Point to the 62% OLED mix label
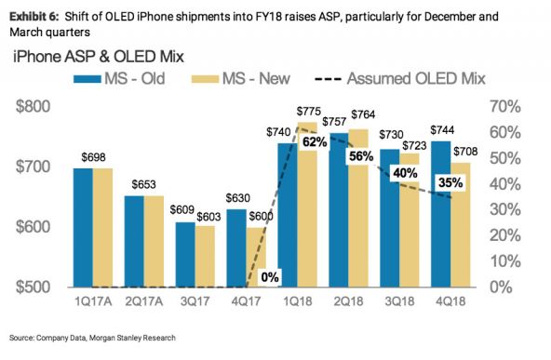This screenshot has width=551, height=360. (314, 142)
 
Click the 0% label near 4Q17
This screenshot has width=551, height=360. (270, 276)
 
